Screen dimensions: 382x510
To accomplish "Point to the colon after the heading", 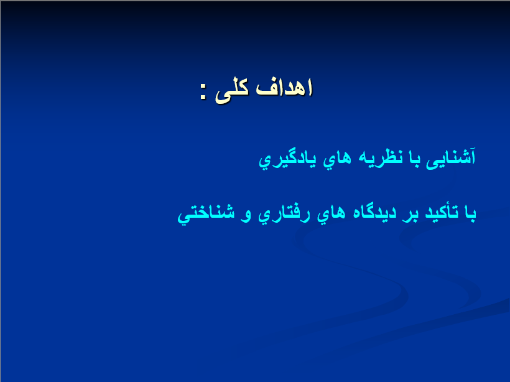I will (203, 91).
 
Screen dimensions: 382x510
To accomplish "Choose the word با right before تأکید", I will (468, 214).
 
